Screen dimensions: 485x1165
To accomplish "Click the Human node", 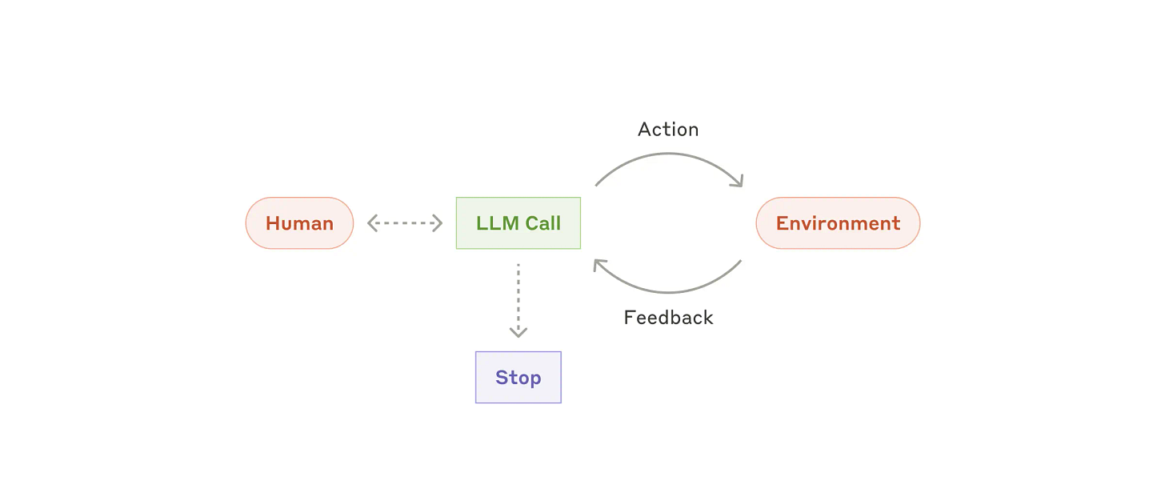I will click(x=299, y=223).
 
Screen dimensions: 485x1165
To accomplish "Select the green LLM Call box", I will click(x=518, y=223).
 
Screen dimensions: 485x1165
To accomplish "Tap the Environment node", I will click(x=838, y=223).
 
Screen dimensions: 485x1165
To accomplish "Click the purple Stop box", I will click(x=518, y=377).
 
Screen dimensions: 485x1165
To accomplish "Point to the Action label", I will click(x=668, y=130).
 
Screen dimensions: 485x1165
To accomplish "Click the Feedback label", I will click(x=668, y=318).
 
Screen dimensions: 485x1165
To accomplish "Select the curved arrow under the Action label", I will click(x=668, y=154).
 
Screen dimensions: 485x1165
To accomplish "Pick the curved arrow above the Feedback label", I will click(x=668, y=291).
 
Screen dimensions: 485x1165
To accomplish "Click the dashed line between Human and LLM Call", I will click(x=405, y=223).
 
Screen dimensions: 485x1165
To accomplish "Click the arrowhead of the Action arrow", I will click(x=738, y=182).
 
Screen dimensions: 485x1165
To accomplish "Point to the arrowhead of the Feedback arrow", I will click(x=599, y=265).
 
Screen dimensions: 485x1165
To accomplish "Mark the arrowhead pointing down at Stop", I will click(x=518, y=332).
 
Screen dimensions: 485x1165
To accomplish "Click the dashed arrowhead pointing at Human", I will click(x=372, y=223).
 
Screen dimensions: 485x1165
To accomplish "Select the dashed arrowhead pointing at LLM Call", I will click(x=438, y=223).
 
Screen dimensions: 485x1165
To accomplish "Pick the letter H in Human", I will click(x=273, y=223).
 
